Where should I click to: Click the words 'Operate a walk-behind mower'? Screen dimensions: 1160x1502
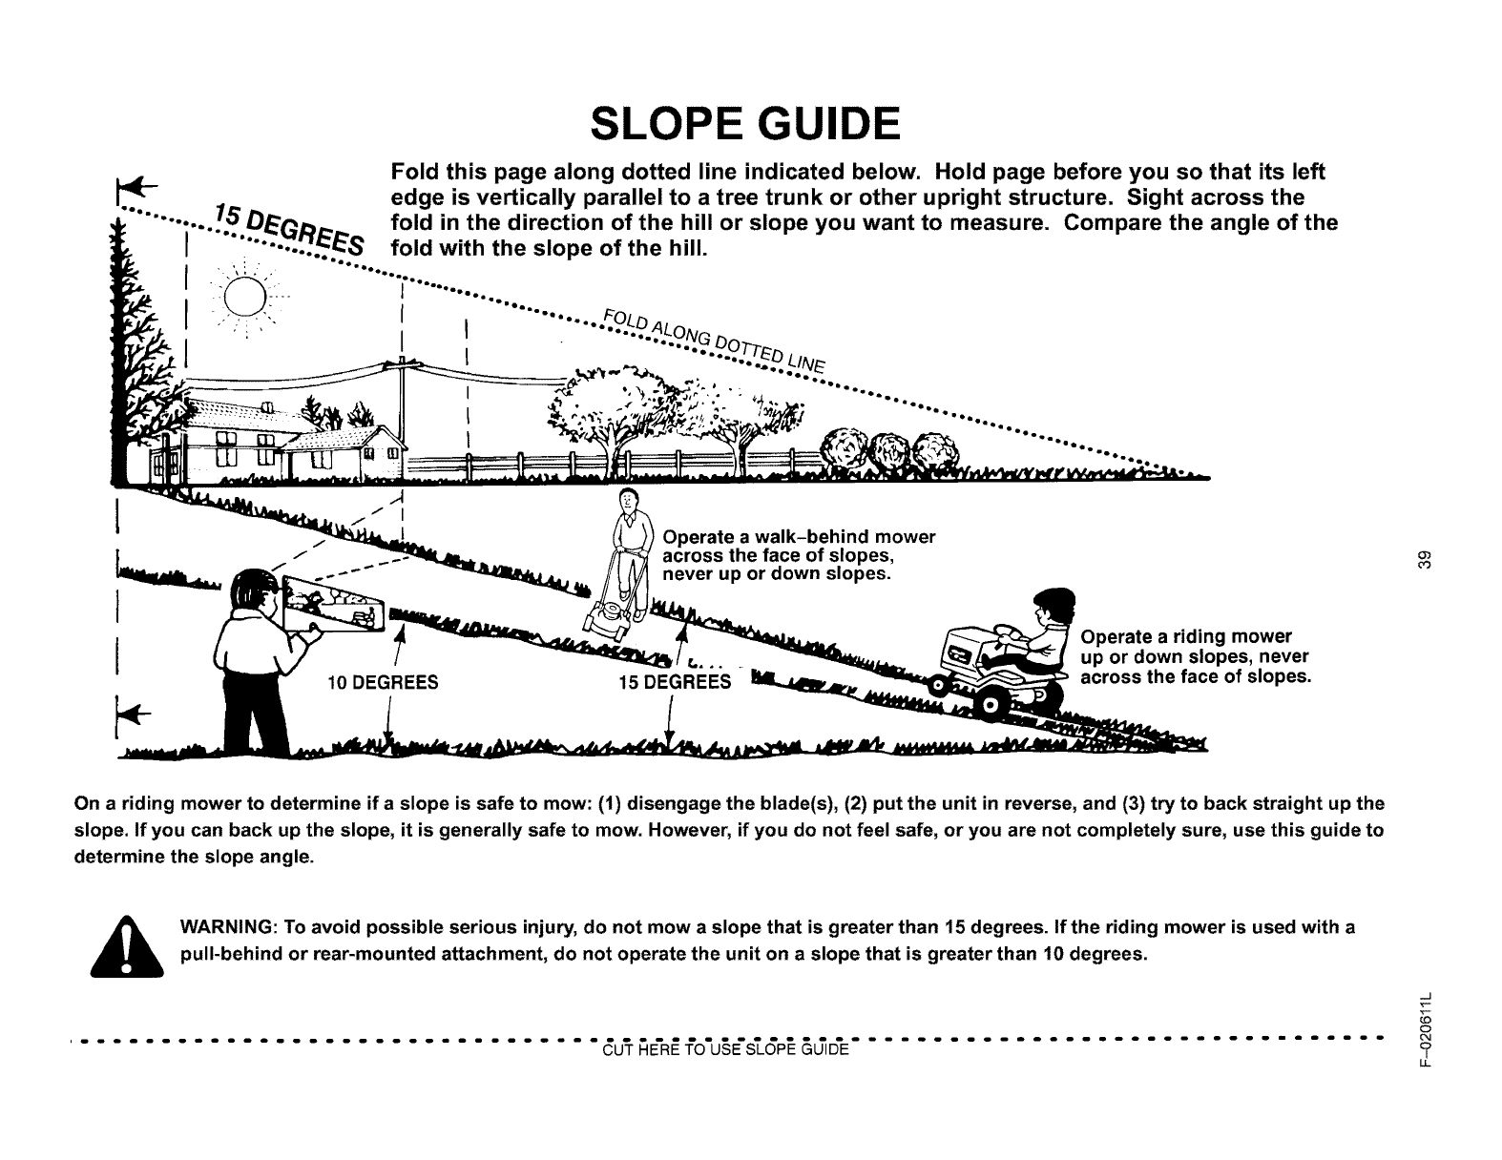pyautogui.click(x=798, y=536)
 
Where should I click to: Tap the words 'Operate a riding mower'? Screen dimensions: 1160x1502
pyautogui.click(x=1184, y=636)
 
